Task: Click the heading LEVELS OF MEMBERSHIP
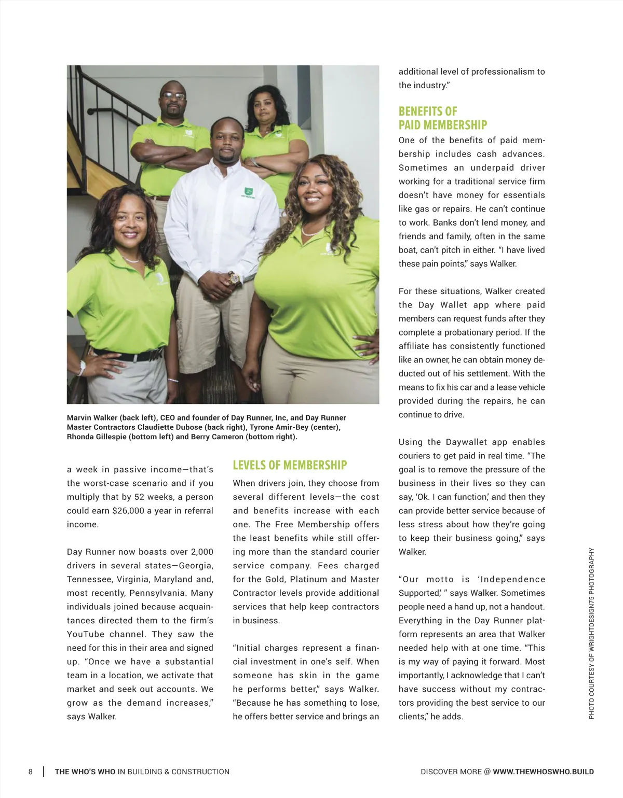pos(290,465)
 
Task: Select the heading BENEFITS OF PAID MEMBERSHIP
pos(442,118)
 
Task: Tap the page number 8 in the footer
pos(31,772)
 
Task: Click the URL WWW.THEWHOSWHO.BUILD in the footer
pos(543,772)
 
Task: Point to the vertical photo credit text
pos(591,633)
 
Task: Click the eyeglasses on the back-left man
pos(173,96)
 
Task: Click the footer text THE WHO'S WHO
pos(85,772)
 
